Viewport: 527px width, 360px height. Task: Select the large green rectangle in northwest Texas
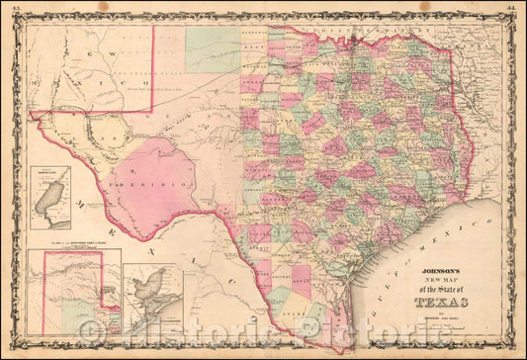coord(212,48)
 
